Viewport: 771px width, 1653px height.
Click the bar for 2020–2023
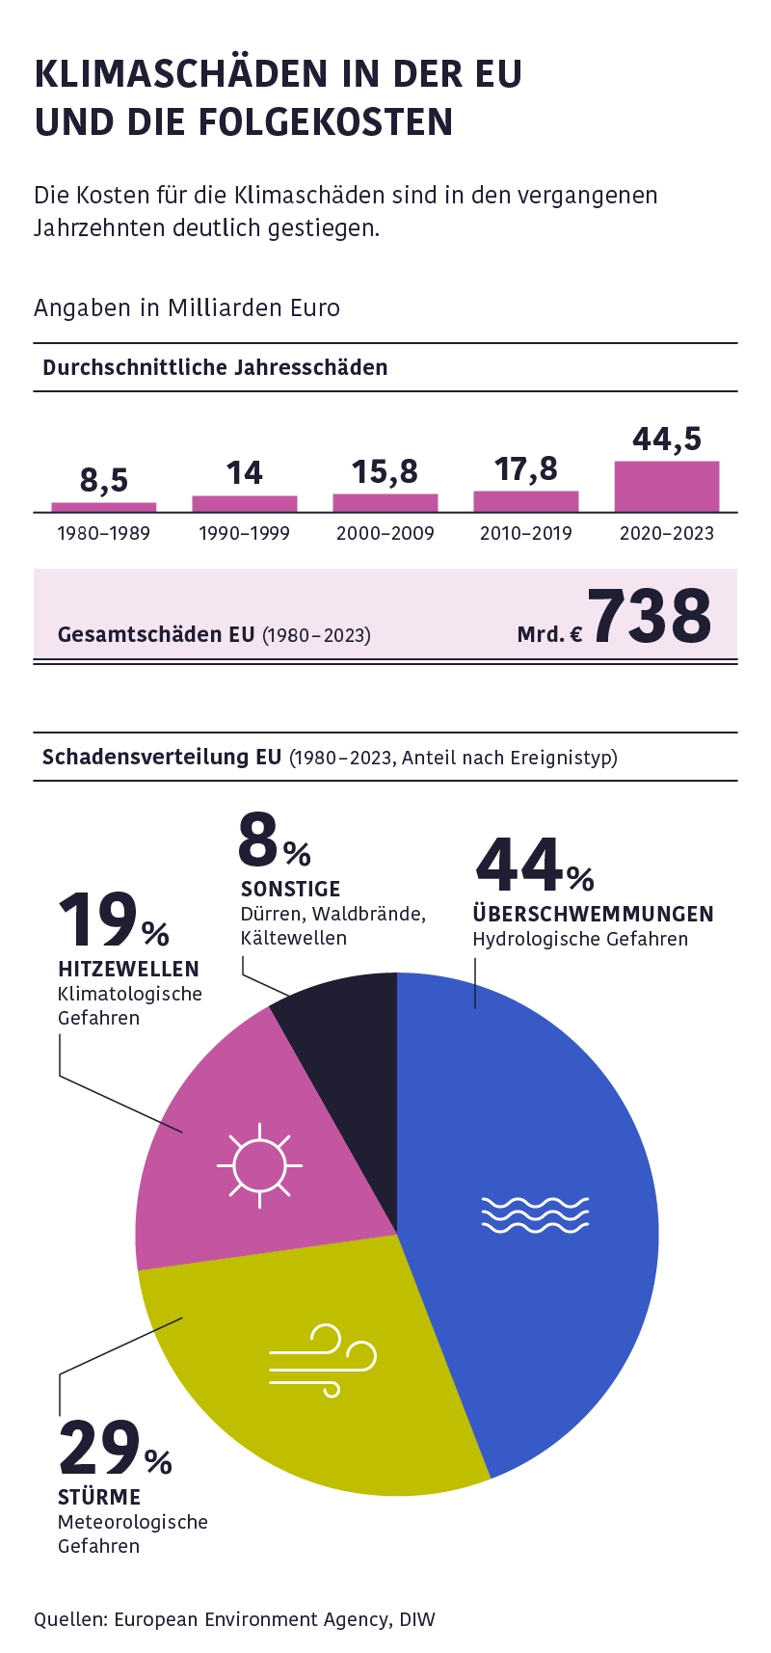(x=667, y=487)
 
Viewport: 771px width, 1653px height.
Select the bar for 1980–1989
(x=104, y=507)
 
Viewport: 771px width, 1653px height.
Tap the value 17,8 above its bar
(x=526, y=469)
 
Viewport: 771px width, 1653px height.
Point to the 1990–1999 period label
(x=244, y=533)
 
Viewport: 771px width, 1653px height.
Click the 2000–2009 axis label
(x=385, y=533)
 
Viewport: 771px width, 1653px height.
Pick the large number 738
(x=650, y=617)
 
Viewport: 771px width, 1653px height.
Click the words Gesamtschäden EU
(x=156, y=634)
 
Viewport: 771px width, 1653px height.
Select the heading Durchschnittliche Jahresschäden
(x=215, y=367)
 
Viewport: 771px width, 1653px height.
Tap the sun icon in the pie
(x=259, y=1164)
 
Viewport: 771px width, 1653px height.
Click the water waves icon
(x=535, y=1214)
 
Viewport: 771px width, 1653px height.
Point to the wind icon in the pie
(x=322, y=1360)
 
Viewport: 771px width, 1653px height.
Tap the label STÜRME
(x=99, y=1497)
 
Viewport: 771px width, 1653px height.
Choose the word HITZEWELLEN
(x=128, y=969)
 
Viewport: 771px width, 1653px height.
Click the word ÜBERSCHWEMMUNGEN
(x=593, y=914)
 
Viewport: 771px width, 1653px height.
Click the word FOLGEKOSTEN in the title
(x=326, y=122)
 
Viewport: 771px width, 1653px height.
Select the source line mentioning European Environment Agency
(x=234, y=1619)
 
